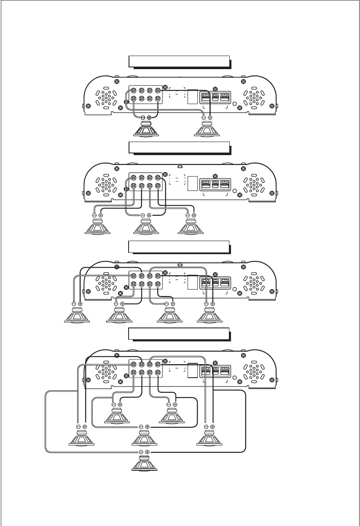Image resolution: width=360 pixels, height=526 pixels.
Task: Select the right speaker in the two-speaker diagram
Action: coord(207,129)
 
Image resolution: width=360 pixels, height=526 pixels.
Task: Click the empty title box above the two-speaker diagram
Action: coord(179,61)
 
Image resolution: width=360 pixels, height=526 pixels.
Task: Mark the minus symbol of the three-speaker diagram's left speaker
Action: coord(94,215)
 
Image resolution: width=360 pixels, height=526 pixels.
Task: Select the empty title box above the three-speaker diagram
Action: coord(179,148)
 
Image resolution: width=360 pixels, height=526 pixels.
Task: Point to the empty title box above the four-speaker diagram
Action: coord(179,247)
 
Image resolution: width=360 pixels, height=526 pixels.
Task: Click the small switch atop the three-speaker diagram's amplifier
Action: coord(180,167)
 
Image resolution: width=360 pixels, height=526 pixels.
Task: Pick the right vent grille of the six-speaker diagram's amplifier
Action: coord(254,369)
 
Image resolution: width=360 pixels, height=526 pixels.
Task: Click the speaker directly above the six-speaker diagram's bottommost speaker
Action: coord(144,439)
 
